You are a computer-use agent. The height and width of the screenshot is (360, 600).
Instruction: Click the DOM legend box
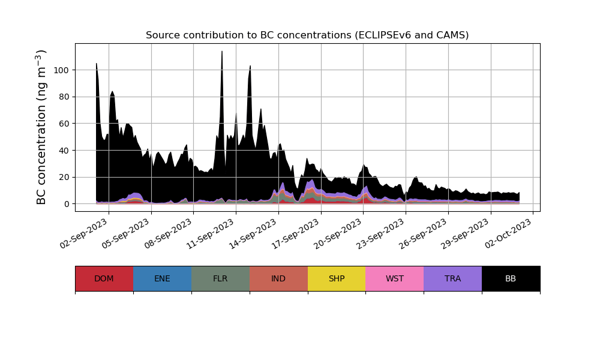104,278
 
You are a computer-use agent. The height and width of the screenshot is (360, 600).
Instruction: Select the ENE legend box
162,278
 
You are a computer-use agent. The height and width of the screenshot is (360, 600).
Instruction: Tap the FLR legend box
220,278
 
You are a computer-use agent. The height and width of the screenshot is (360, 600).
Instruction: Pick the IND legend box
278,278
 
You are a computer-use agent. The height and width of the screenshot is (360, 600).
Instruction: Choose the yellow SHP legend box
337,278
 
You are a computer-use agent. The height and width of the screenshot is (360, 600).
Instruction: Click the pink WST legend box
394,278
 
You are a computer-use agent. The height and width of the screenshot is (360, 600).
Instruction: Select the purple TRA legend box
452,278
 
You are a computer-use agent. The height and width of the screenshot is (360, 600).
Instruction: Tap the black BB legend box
511,278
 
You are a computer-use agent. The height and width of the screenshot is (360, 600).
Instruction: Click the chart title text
307,35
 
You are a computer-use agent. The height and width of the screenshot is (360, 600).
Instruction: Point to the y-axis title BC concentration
41,127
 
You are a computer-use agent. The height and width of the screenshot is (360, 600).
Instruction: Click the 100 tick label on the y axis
61,70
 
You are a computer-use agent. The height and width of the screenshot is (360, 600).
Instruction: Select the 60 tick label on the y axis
63,124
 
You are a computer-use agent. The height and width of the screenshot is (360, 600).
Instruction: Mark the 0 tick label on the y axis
65,204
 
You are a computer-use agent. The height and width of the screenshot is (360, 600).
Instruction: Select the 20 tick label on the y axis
63,177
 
